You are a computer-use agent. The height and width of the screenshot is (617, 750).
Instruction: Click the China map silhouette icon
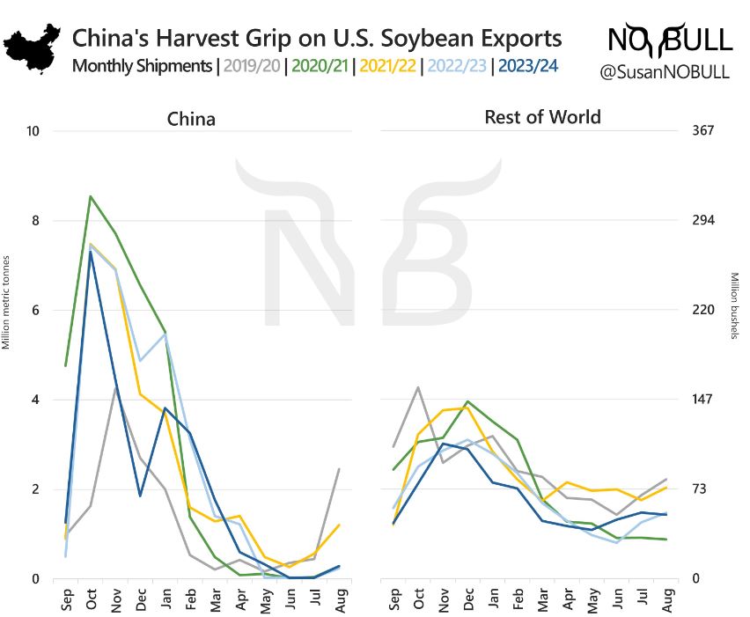[33, 43]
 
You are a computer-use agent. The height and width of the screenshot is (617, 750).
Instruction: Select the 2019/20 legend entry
[253, 66]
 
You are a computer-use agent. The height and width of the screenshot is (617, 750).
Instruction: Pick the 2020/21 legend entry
[318, 66]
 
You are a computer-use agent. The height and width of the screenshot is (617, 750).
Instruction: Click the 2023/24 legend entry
[526, 66]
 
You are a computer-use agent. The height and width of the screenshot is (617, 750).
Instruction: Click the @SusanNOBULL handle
[665, 72]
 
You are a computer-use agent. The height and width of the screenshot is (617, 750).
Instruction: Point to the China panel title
[191, 119]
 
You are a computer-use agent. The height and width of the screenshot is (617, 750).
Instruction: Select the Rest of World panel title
[542, 117]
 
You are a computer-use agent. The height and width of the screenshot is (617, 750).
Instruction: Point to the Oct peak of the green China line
[90, 196]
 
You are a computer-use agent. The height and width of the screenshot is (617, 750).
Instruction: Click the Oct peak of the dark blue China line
[90, 251]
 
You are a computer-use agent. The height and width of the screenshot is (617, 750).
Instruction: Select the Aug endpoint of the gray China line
[340, 469]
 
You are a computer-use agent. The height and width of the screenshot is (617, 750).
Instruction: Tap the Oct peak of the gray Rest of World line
[417, 387]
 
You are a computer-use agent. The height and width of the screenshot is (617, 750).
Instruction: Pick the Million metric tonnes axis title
[6, 302]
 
